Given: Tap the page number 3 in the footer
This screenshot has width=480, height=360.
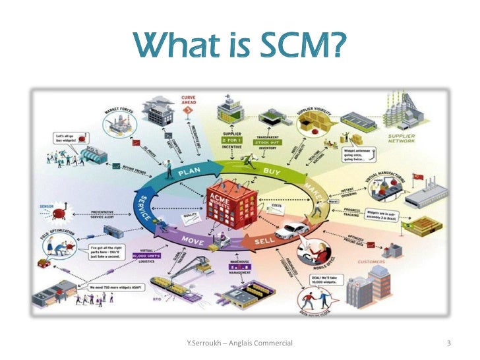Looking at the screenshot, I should (x=448, y=343).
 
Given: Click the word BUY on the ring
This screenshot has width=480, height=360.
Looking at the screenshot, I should (x=272, y=171).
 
